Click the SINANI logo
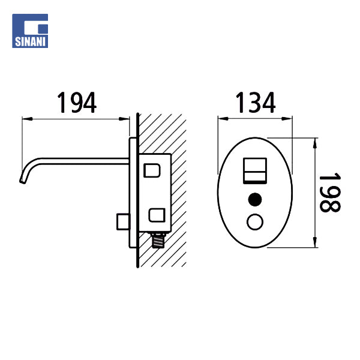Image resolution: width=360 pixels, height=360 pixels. click(30, 31)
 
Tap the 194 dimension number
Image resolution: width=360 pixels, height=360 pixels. click(77, 103)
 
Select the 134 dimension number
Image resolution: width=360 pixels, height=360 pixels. click(256, 103)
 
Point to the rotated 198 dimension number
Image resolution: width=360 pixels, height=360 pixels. click(330, 193)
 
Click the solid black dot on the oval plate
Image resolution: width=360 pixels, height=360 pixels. click(255, 199)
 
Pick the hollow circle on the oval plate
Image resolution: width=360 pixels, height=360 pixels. click(255, 222)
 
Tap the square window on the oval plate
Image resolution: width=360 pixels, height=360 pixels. click(255, 170)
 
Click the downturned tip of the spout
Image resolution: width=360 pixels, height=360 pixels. click(23, 181)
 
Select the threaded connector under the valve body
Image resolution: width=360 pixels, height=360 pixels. click(158, 241)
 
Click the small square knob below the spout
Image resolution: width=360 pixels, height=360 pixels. click(123, 221)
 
